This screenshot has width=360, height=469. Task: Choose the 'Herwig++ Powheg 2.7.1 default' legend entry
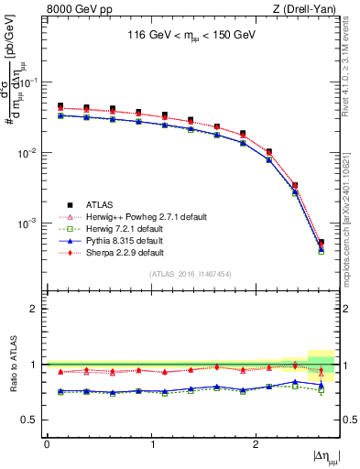(x=138, y=217)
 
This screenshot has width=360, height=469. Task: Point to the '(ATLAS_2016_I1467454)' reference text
(x=191, y=274)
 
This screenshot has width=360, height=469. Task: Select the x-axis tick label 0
(x=47, y=443)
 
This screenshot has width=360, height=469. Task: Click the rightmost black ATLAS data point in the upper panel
(x=321, y=243)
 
